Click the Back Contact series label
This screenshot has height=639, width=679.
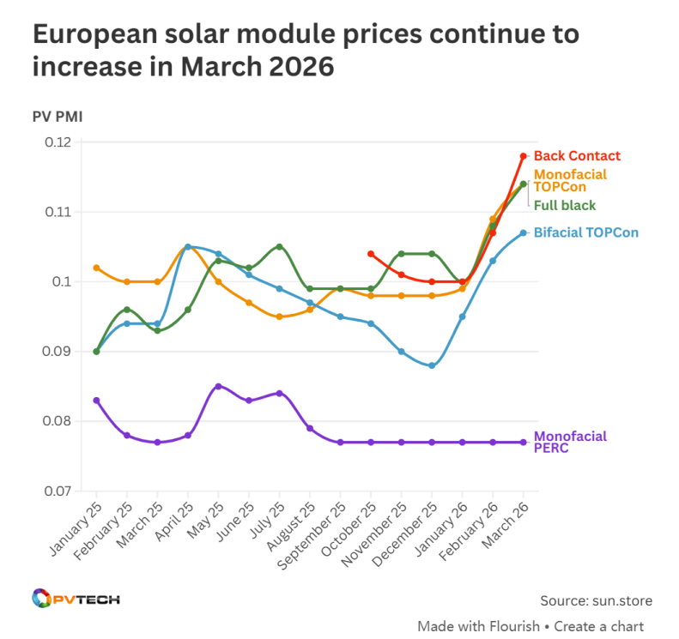click(576, 156)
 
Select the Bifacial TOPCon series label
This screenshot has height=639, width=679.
click(585, 232)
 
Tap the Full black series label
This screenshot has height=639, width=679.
click(564, 205)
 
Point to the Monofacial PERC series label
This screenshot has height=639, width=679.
click(569, 442)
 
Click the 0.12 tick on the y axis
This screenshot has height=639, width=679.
click(58, 142)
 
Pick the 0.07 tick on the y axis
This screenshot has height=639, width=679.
click(58, 491)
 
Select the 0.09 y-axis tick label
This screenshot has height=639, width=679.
click(58, 352)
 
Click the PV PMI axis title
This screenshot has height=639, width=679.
click(58, 116)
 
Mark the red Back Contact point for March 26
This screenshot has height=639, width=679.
click(524, 156)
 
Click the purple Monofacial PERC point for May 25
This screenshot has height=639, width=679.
click(218, 386)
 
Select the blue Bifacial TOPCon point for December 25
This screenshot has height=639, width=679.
click(432, 365)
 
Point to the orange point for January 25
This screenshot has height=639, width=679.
click(96, 268)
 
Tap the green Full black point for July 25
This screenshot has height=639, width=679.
click(279, 246)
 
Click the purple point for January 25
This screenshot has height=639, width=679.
click(96, 401)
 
